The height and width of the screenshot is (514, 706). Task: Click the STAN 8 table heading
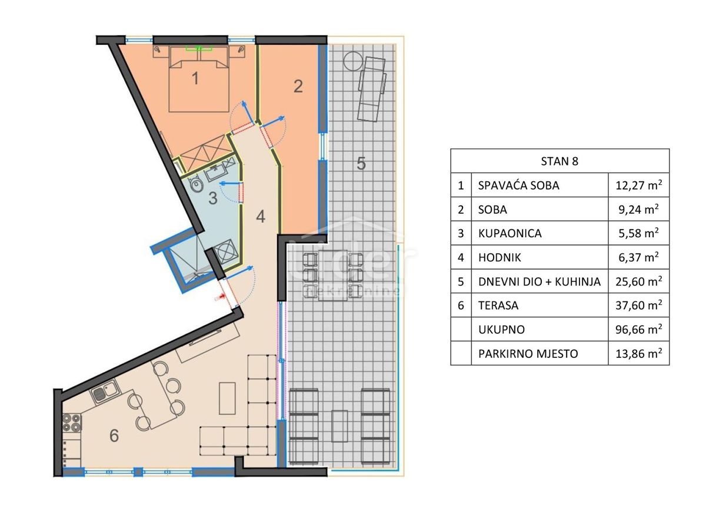560,161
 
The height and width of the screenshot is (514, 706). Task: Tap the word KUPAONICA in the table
509,233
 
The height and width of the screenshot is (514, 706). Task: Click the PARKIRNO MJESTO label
528,353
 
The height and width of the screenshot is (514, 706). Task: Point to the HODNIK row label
499,257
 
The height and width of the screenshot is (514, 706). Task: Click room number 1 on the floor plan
196,78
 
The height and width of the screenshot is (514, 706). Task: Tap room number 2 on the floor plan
298,87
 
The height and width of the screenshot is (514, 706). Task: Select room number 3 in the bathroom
213,198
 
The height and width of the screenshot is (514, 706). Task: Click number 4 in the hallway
261,216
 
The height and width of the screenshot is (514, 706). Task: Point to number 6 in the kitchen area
114,436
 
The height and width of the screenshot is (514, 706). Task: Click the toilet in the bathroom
198,187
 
